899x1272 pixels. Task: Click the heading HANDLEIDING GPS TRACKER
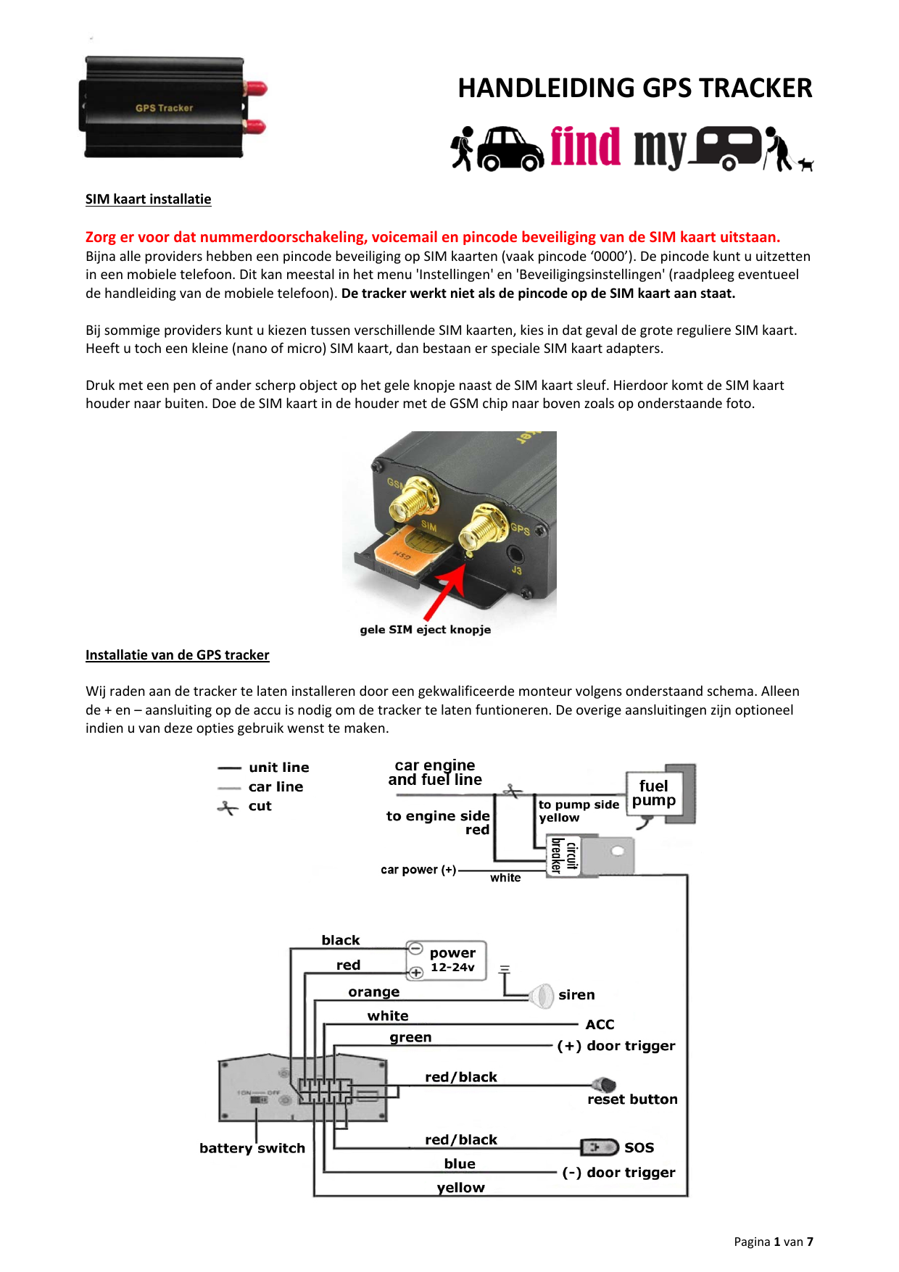634,88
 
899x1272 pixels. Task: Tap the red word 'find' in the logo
585,146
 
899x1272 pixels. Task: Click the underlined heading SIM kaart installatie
148,199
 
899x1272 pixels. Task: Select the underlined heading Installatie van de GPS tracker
177,655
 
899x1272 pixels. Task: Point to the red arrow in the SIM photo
444,588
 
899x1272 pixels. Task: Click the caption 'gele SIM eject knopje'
425,630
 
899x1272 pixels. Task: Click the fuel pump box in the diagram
654,794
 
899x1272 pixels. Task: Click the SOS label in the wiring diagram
639,1147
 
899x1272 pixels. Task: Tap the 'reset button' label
632,1100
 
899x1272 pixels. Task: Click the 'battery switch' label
252,1148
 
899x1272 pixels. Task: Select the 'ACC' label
600,1024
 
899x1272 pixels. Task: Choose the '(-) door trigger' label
618,1173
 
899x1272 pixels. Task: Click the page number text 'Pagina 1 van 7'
773,1242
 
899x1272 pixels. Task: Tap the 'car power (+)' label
418,870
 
